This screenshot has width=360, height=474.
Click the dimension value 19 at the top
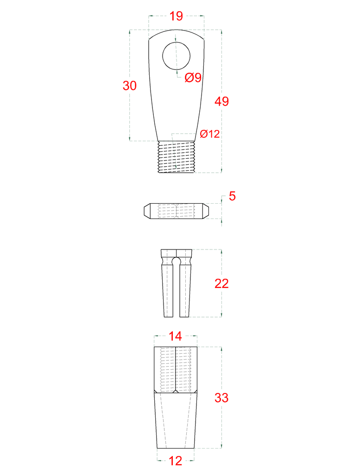pyautogui.click(x=176, y=16)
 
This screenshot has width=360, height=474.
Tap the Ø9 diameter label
pyautogui.click(x=193, y=78)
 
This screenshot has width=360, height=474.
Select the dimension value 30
pyautogui.click(x=129, y=86)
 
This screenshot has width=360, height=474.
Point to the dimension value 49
pyautogui.click(x=222, y=101)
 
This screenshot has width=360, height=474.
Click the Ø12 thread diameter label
pyautogui.click(x=209, y=134)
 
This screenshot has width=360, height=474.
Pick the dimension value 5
pyautogui.click(x=232, y=196)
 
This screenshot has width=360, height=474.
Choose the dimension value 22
pyautogui.click(x=221, y=284)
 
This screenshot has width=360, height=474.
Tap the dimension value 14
pyautogui.click(x=175, y=336)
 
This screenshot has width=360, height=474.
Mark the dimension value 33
pyautogui.click(x=221, y=398)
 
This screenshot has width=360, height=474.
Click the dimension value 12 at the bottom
pyautogui.click(x=175, y=461)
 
